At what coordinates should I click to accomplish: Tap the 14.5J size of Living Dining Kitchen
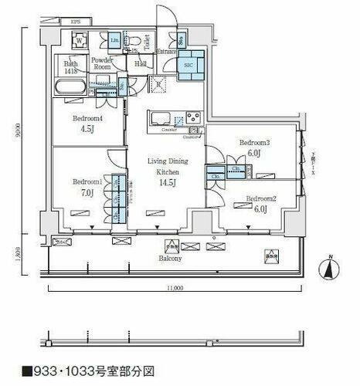click(x=167, y=183)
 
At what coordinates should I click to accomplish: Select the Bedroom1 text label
click(x=87, y=181)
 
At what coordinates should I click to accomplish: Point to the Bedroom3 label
click(x=254, y=144)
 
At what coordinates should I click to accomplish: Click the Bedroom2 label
click(x=260, y=198)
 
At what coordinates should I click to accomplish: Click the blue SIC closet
click(x=189, y=65)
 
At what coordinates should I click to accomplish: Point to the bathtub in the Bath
click(x=73, y=86)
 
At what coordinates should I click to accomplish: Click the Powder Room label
click(x=103, y=63)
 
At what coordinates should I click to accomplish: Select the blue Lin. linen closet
click(x=114, y=39)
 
